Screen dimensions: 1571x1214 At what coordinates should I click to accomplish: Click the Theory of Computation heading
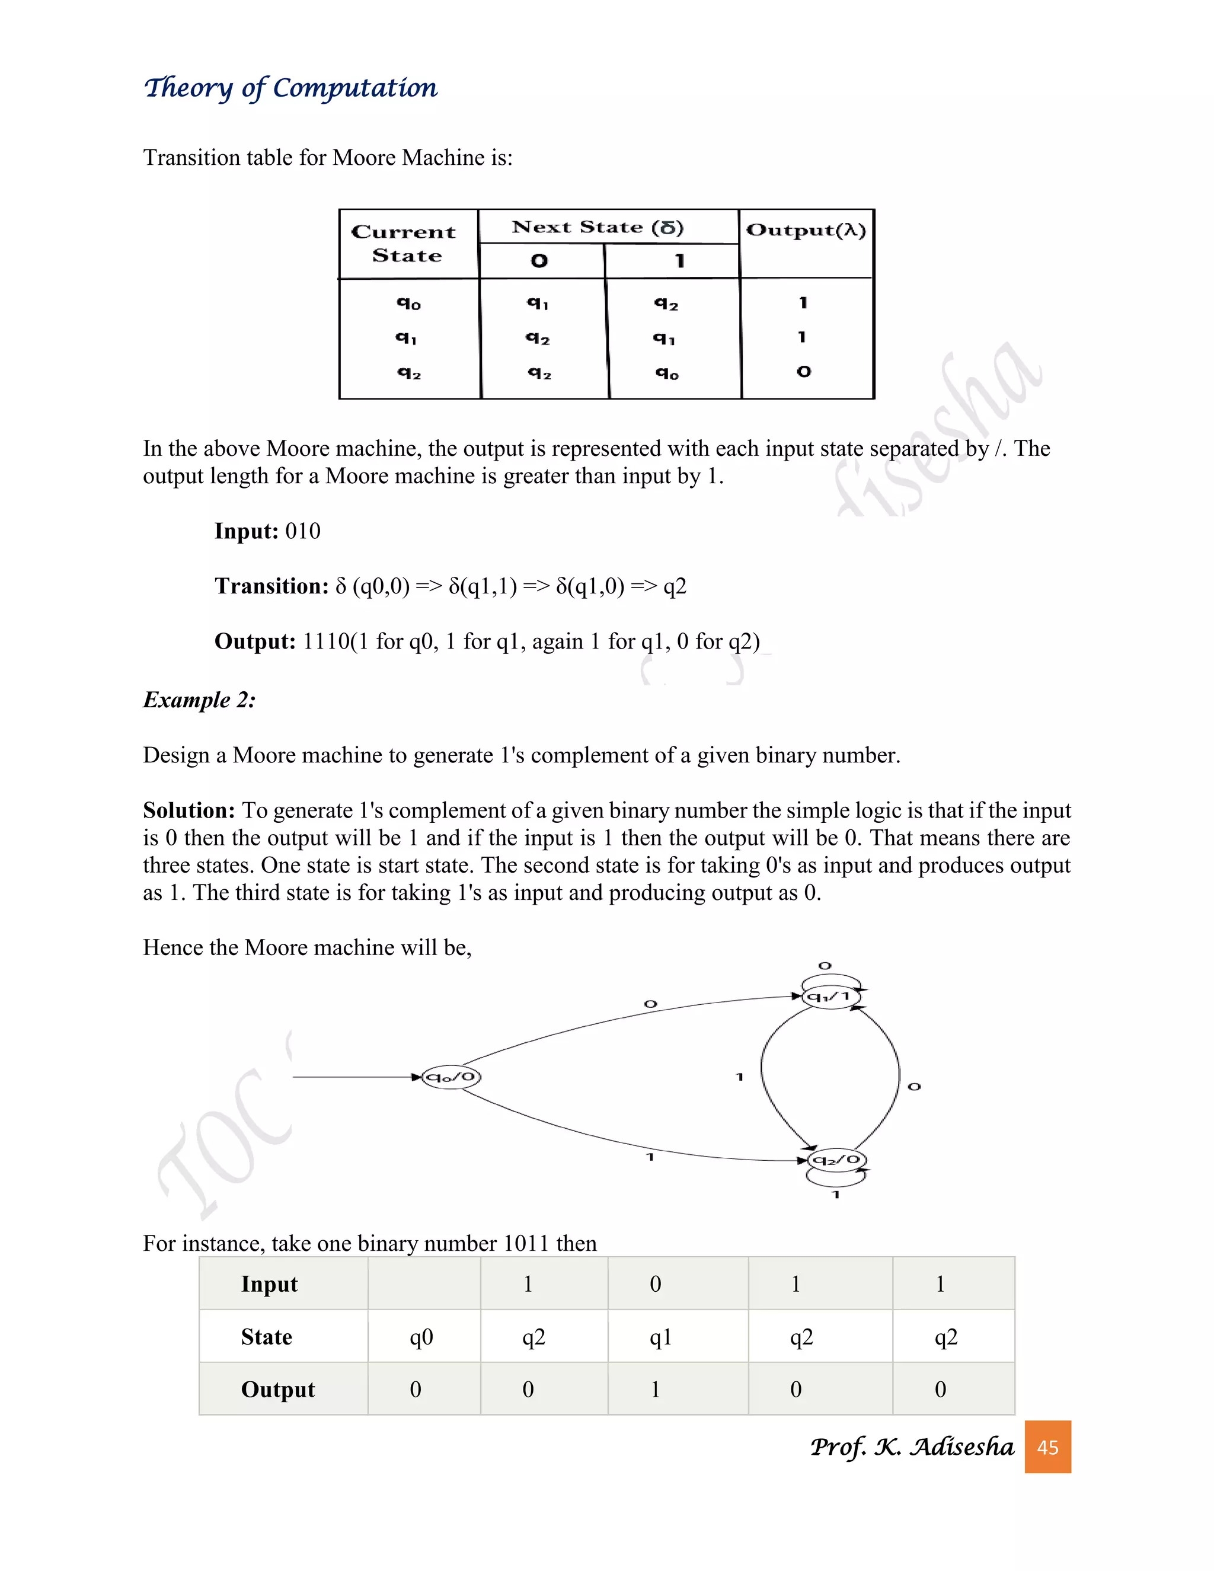(290, 88)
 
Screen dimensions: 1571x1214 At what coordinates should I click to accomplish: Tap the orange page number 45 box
(1047, 1447)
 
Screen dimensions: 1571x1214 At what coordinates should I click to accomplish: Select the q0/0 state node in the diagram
(451, 1077)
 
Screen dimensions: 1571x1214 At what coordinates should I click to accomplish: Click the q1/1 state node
(830, 997)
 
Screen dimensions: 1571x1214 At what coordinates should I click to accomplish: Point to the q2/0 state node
(836, 1160)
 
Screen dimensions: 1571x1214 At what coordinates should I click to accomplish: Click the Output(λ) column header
(806, 230)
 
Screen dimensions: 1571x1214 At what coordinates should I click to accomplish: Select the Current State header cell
(405, 243)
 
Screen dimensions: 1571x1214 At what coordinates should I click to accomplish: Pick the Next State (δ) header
(598, 227)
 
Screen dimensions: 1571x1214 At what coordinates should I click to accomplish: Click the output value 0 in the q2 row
(803, 372)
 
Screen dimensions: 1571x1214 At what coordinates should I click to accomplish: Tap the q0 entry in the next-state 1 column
(667, 373)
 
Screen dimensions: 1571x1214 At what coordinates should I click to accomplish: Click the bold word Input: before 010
(246, 531)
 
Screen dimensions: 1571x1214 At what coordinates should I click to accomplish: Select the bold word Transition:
(271, 586)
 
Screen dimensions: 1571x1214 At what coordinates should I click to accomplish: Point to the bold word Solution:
(189, 810)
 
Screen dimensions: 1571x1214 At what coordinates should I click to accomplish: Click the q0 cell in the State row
(421, 1337)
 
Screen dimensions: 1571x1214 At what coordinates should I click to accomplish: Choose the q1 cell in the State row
(660, 1337)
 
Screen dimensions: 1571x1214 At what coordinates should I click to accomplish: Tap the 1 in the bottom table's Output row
(655, 1390)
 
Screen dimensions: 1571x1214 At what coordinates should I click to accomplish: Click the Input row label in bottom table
(269, 1285)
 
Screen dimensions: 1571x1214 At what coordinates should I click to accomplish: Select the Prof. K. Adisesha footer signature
(911, 1447)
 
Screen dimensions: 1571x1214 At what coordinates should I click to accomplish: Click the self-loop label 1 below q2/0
(836, 1195)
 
